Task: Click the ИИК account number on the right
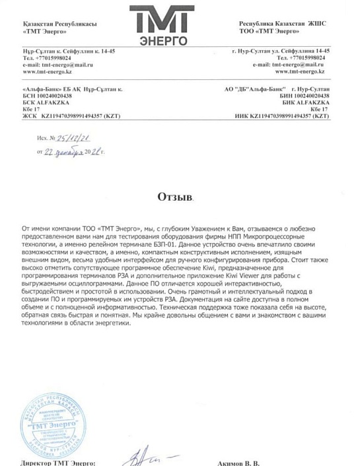tap(288, 115)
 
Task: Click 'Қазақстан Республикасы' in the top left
tap(52, 24)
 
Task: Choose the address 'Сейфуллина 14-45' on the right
tap(301, 51)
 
